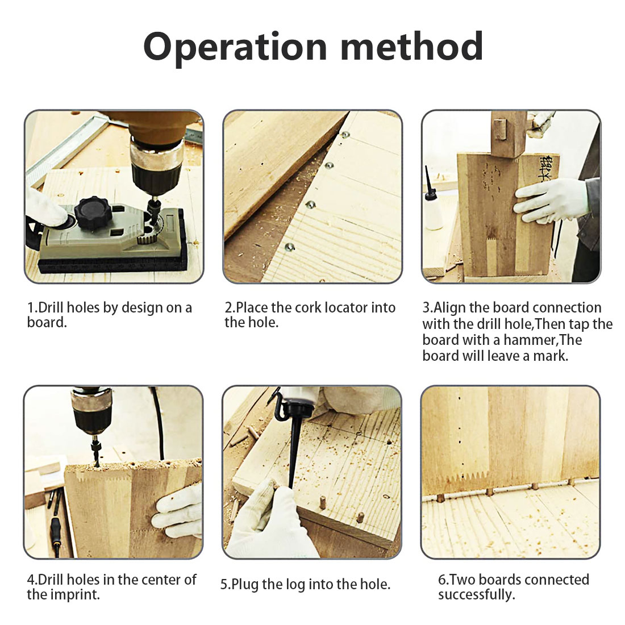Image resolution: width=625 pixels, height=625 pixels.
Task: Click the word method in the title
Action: (x=412, y=46)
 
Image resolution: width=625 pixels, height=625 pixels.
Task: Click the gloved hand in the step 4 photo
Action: (x=178, y=511)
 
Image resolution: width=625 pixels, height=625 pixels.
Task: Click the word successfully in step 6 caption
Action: (x=476, y=595)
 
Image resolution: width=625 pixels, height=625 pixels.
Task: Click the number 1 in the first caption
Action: (x=31, y=308)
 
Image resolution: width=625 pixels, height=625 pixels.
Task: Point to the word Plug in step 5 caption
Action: (x=245, y=585)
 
